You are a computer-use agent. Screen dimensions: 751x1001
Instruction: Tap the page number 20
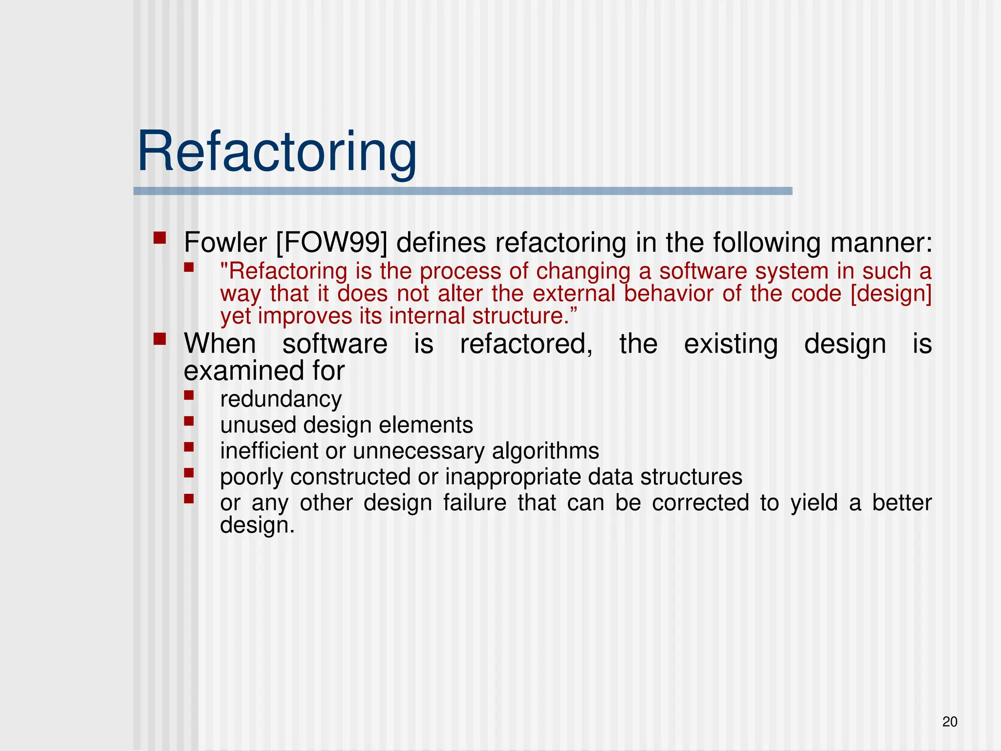pos(950,722)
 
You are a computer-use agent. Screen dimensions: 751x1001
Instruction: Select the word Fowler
pos(225,243)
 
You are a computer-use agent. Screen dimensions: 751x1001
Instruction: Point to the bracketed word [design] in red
pos(891,294)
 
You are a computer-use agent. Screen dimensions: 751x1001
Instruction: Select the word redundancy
pos(281,399)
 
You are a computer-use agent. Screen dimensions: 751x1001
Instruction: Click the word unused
pos(258,425)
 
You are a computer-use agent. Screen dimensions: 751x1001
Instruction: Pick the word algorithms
pos(545,451)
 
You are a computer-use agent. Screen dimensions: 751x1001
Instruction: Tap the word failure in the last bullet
pos(475,503)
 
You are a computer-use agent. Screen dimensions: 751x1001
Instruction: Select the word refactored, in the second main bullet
pos(526,344)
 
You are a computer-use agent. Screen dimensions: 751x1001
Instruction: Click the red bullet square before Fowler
pos(159,238)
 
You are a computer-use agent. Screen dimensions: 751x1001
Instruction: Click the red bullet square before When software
pos(159,339)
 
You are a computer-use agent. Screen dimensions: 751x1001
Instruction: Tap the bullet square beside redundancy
pos(189,395)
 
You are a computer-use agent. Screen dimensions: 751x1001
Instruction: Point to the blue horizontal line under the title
pos(462,191)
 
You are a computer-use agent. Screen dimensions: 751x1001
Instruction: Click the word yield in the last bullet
pos(814,503)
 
